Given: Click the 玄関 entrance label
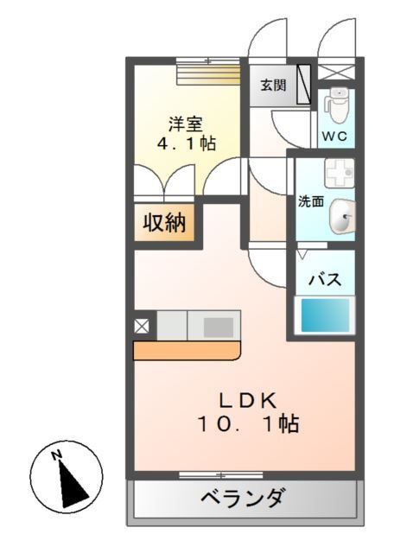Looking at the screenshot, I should pyautogui.click(x=273, y=86).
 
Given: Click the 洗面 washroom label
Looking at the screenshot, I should pyautogui.click(x=310, y=201).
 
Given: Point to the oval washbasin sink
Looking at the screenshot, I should pyautogui.click(x=342, y=216).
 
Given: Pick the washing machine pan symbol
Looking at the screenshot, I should pyautogui.click(x=339, y=171).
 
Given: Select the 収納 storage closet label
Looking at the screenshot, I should pyautogui.click(x=164, y=223).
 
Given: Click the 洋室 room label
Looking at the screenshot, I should pyautogui.click(x=184, y=124).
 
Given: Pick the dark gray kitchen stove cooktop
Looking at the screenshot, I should pyautogui.click(x=217, y=327).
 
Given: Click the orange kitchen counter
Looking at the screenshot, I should pyautogui.click(x=186, y=350).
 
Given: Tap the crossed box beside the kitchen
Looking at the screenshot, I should pyautogui.click(x=141, y=326).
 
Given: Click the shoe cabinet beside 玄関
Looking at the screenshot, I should pyautogui.click(x=303, y=85).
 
